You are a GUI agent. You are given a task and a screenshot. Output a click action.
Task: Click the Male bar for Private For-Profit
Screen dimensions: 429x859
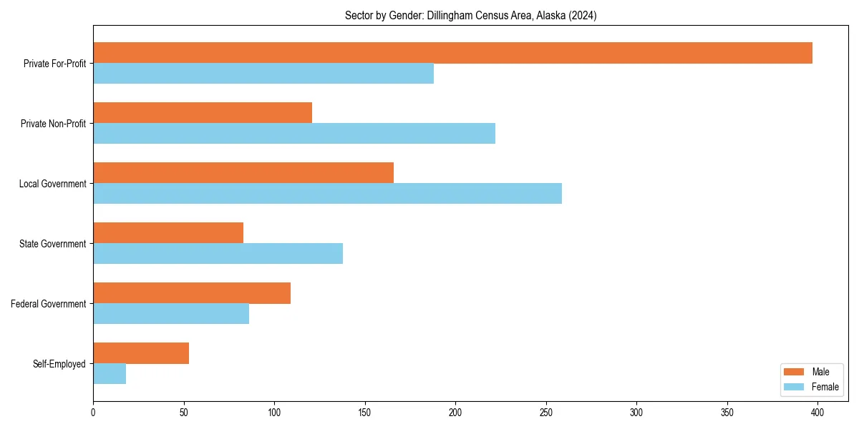tap(452, 53)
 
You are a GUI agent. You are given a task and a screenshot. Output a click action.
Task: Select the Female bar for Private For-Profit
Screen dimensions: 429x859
tap(263, 74)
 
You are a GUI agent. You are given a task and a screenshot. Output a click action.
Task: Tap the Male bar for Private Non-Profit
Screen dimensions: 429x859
tap(203, 113)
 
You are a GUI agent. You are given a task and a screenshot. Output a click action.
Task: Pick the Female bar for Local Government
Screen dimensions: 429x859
tap(327, 194)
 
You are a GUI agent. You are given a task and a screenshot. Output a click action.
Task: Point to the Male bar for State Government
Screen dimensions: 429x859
tap(168, 233)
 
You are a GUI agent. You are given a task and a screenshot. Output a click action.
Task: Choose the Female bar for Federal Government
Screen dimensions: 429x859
tap(171, 314)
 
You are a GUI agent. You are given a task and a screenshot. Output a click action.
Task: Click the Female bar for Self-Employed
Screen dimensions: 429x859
tap(110, 374)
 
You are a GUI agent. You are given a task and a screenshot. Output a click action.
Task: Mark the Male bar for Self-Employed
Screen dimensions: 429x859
tap(141, 353)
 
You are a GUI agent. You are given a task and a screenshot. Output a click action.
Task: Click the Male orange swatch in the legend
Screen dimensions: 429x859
tap(795, 372)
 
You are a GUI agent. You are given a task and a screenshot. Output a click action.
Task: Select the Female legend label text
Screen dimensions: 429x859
tap(825, 387)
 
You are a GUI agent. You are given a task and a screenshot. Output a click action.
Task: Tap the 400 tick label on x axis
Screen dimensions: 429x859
tap(818, 413)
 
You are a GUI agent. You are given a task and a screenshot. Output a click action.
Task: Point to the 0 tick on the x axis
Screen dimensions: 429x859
tap(93, 413)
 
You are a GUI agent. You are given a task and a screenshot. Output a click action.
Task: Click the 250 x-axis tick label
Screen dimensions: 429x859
tap(546, 413)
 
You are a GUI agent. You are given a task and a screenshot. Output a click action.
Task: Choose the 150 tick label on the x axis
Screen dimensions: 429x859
tap(365, 413)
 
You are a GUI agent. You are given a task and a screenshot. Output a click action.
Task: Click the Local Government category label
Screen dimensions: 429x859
tap(52, 184)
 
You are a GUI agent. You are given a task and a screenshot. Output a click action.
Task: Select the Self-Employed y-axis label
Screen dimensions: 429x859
tap(59, 364)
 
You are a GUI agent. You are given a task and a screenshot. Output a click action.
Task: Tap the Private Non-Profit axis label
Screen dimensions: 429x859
tap(53, 124)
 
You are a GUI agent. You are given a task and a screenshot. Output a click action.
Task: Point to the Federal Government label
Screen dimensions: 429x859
tap(49, 304)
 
